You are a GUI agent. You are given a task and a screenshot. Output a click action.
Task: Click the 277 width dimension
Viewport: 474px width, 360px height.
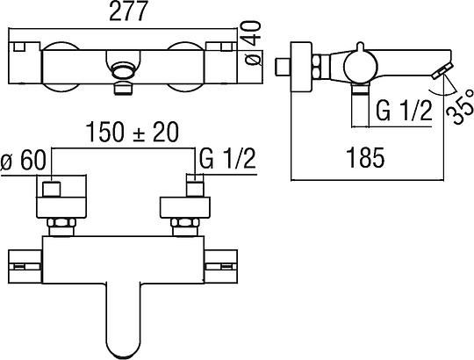[x=128, y=11]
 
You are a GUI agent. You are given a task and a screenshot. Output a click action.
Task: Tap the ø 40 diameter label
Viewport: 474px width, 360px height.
[x=253, y=43]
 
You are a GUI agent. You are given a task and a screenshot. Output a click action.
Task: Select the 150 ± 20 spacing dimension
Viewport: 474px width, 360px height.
[x=133, y=132]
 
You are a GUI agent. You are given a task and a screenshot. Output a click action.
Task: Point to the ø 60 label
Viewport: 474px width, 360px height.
[x=24, y=160]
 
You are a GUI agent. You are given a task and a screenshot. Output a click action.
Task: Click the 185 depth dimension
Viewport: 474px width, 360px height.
[x=365, y=157]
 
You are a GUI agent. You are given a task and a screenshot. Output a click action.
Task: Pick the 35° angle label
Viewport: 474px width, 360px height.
[x=460, y=105]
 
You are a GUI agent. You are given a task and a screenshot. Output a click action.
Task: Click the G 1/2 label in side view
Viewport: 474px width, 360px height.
[x=404, y=111]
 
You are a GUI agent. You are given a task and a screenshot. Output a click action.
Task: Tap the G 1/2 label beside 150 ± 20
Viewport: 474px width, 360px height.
[x=227, y=158]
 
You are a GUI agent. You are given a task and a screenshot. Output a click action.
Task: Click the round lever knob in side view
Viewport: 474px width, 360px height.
[x=359, y=65]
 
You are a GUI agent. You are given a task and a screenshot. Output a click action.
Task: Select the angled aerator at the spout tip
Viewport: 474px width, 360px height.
[x=442, y=71]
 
